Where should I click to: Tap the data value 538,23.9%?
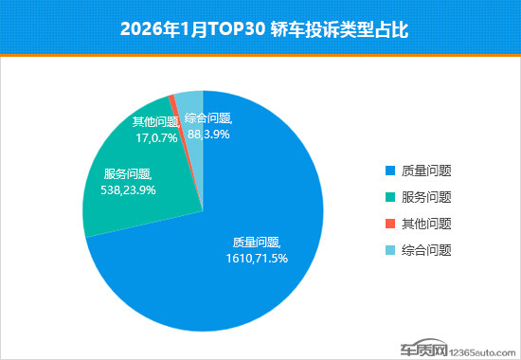[129, 189]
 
